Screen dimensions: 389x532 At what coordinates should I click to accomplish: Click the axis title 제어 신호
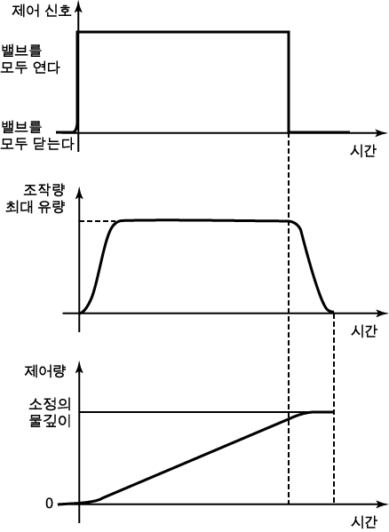[x=42, y=10]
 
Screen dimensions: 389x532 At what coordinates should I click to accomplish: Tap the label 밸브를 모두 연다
[x=30, y=59]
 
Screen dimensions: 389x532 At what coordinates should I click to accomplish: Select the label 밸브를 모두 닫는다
[x=37, y=136]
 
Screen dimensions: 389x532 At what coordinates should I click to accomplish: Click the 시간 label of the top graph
[x=363, y=150]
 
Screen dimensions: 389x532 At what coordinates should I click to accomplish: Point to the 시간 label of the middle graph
[x=363, y=330]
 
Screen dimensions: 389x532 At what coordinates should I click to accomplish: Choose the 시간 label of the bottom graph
[x=363, y=522]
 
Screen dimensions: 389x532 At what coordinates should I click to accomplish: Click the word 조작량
[x=44, y=190]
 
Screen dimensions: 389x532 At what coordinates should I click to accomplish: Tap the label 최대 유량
[x=35, y=207]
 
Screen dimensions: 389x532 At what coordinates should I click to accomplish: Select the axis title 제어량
[x=44, y=371]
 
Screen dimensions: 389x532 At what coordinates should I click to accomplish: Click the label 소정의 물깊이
[x=50, y=413]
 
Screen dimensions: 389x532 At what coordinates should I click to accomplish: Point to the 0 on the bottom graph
[x=50, y=504]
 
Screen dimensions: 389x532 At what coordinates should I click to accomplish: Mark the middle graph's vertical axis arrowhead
[x=79, y=193]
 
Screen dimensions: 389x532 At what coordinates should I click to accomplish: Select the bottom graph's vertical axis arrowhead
[x=79, y=367]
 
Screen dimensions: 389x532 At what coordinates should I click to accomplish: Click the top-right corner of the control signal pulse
[x=289, y=32]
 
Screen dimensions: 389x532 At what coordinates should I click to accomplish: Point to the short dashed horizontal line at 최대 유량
[x=99, y=221]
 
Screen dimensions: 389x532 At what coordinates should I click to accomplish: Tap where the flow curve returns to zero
[x=333, y=313]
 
